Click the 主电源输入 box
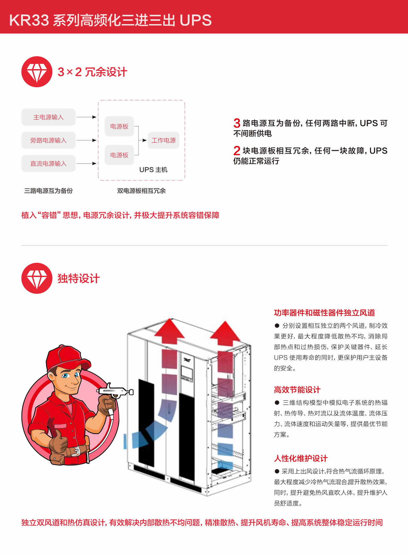(x=48, y=117)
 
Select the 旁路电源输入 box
(x=48, y=140)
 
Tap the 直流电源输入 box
(x=48, y=164)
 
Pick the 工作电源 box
(x=164, y=140)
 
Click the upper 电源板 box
(x=119, y=126)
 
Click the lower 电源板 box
(x=119, y=155)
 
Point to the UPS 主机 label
(x=153, y=170)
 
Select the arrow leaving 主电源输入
(x=86, y=117)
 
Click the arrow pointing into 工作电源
(x=142, y=140)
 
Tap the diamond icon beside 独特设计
(x=37, y=278)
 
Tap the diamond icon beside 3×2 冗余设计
(x=37, y=72)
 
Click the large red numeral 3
(x=237, y=123)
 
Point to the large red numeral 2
(x=237, y=150)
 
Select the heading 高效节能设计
(x=297, y=390)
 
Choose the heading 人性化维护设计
(x=301, y=458)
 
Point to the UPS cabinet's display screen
(x=186, y=374)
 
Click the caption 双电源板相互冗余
(x=141, y=191)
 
